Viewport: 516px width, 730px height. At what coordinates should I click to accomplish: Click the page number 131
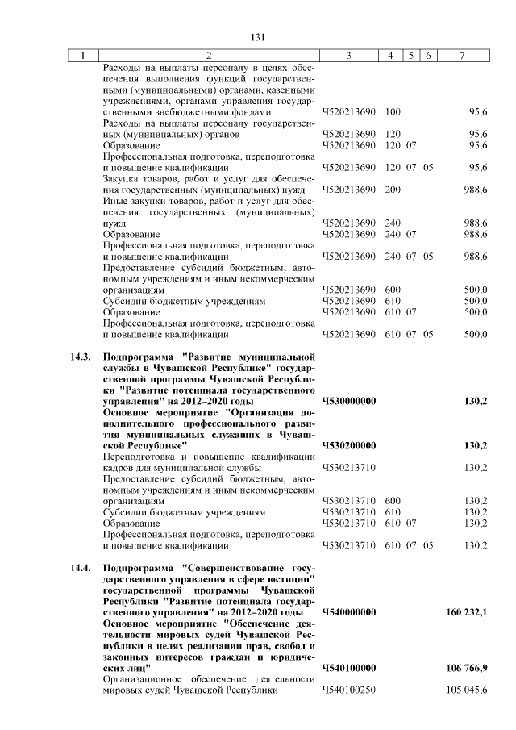(258, 37)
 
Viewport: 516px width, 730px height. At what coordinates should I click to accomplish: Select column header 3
(348, 56)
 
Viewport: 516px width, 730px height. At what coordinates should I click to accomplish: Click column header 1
(82, 56)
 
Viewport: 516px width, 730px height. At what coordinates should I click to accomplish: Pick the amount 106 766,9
(466, 669)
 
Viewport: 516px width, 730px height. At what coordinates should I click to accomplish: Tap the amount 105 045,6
(467, 691)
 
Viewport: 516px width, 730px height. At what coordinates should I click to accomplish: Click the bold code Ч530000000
(349, 401)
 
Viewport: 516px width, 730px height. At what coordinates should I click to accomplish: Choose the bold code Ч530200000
(349, 445)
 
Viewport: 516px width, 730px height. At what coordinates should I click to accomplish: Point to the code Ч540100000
(349, 669)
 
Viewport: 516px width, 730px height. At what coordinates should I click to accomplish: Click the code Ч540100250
(349, 691)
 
